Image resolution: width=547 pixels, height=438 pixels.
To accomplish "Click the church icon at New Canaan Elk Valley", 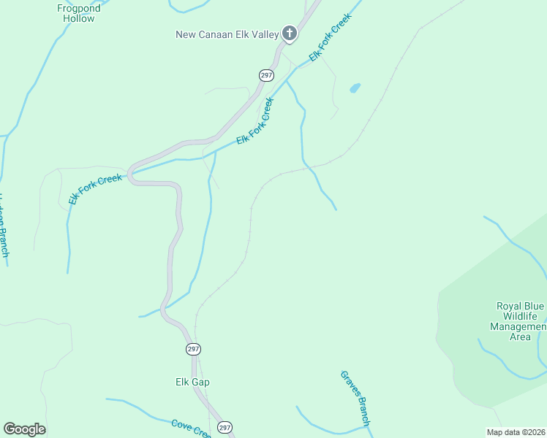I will (x=290, y=34).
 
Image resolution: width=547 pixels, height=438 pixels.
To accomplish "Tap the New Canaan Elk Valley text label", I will (x=227, y=34).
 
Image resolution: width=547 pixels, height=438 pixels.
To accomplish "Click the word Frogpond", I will (x=78, y=8).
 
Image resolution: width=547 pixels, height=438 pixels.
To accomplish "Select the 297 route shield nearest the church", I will (x=266, y=75).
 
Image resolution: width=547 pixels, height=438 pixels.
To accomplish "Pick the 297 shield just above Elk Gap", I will (x=193, y=350).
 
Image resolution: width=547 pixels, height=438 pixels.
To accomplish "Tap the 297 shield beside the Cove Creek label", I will (x=225, y=427).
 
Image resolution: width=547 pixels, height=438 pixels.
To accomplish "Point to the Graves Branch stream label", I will (x=356, y=399).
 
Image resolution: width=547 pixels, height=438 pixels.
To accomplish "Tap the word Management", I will (x=518, y=326).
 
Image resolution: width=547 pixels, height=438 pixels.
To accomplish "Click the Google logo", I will (x=24, y=429).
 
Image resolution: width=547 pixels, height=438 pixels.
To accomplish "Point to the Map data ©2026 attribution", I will (x=516, y=432).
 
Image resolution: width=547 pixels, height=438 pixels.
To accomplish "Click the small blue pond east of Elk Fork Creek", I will (x=355, y=88).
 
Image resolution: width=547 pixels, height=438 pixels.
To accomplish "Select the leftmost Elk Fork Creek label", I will (x=95, y=188).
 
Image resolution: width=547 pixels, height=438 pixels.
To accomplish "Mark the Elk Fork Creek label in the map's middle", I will (x=255, y=122).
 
